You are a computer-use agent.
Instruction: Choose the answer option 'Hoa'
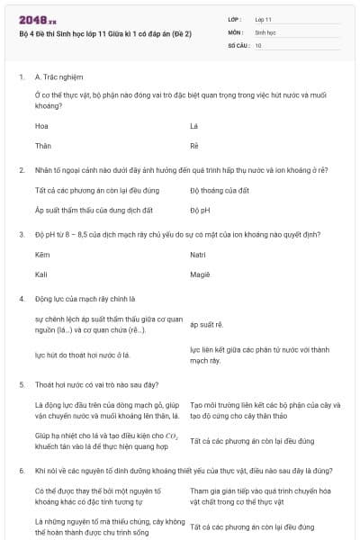tap(42, 126)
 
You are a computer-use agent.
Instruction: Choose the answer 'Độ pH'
tap(200, 210)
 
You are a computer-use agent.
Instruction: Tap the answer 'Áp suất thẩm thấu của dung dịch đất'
tap(94, 210)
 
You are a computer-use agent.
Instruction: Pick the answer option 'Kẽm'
tap(42, 256)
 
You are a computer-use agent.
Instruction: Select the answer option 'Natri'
tap(199, 256)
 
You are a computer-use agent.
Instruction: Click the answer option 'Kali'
tap(41, 274)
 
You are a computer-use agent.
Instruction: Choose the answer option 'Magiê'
tap(200, 274)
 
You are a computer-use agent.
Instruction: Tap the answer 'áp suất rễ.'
tap(206, 324)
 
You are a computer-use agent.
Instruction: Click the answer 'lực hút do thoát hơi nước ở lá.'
tap(83, 355)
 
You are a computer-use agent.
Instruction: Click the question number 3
tap(21, 234)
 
